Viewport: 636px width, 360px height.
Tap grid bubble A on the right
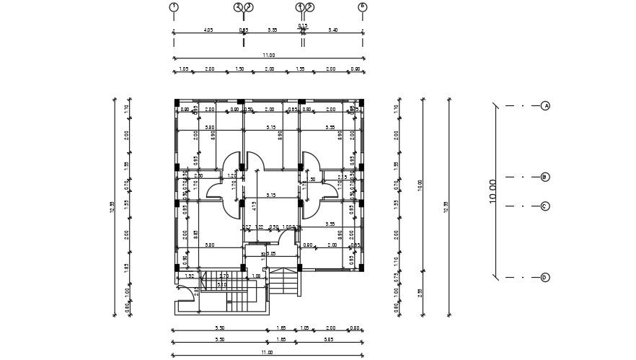point(546,105)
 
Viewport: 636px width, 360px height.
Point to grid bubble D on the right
point(546,277)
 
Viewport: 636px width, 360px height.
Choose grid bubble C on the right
point(546,206)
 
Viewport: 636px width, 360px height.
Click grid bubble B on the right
point(546,177)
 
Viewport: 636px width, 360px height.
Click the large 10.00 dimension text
point(493,192)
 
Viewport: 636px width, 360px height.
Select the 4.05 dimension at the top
point(208,30)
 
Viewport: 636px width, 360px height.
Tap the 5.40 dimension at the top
point(332,30)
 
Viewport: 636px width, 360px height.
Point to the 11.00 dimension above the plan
point(268,55)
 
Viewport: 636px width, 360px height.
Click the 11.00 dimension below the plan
point(267,352)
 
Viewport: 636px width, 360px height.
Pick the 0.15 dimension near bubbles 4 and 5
point(303,25)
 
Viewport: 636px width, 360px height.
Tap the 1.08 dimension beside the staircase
point(256,276)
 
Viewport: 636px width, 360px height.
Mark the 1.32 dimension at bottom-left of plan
point(189,276)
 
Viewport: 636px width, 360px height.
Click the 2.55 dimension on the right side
point(420,292)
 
